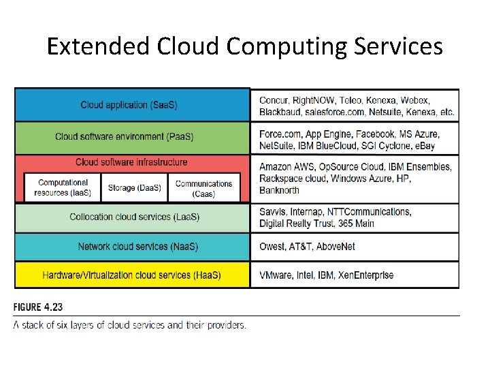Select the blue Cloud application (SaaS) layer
[x=133, y=105]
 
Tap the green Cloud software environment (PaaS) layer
[x=133, y=136]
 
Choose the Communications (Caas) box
[x=203, y=188]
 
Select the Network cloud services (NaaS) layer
[x=133, y=247]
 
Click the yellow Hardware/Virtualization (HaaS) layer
[x=131, y=275]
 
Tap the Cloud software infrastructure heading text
[x=131, y=162]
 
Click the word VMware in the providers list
[x=276, y=275]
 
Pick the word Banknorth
[x=279, y=190]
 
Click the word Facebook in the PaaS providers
[x=376, y=134]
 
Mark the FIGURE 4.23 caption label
[x=38, y=308]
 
